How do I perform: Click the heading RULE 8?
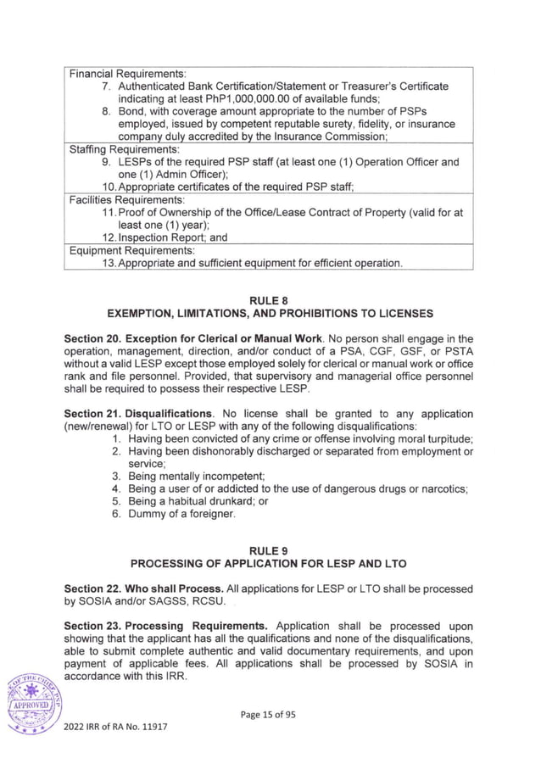[x=269, y=300]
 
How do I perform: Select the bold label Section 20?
[x=94, y=339]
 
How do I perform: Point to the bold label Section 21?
[x=94, y=414]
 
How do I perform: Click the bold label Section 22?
[x=94, y=588]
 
